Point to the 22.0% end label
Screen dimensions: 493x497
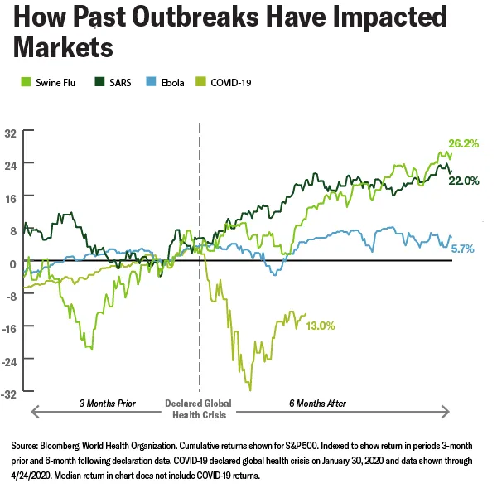(x=464, y=181)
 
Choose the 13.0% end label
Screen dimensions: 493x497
(x=320, y=326)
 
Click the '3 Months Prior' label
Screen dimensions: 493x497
(x=107, y=404)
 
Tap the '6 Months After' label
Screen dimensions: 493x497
(x=318, y=404)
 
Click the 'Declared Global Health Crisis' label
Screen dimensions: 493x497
(x=199, y=408)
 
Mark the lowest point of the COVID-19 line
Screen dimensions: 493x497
(x=249, y=389)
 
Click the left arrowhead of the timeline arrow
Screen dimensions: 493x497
(x=33, y=411)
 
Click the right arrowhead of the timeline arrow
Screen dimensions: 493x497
(x=448, y=411)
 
